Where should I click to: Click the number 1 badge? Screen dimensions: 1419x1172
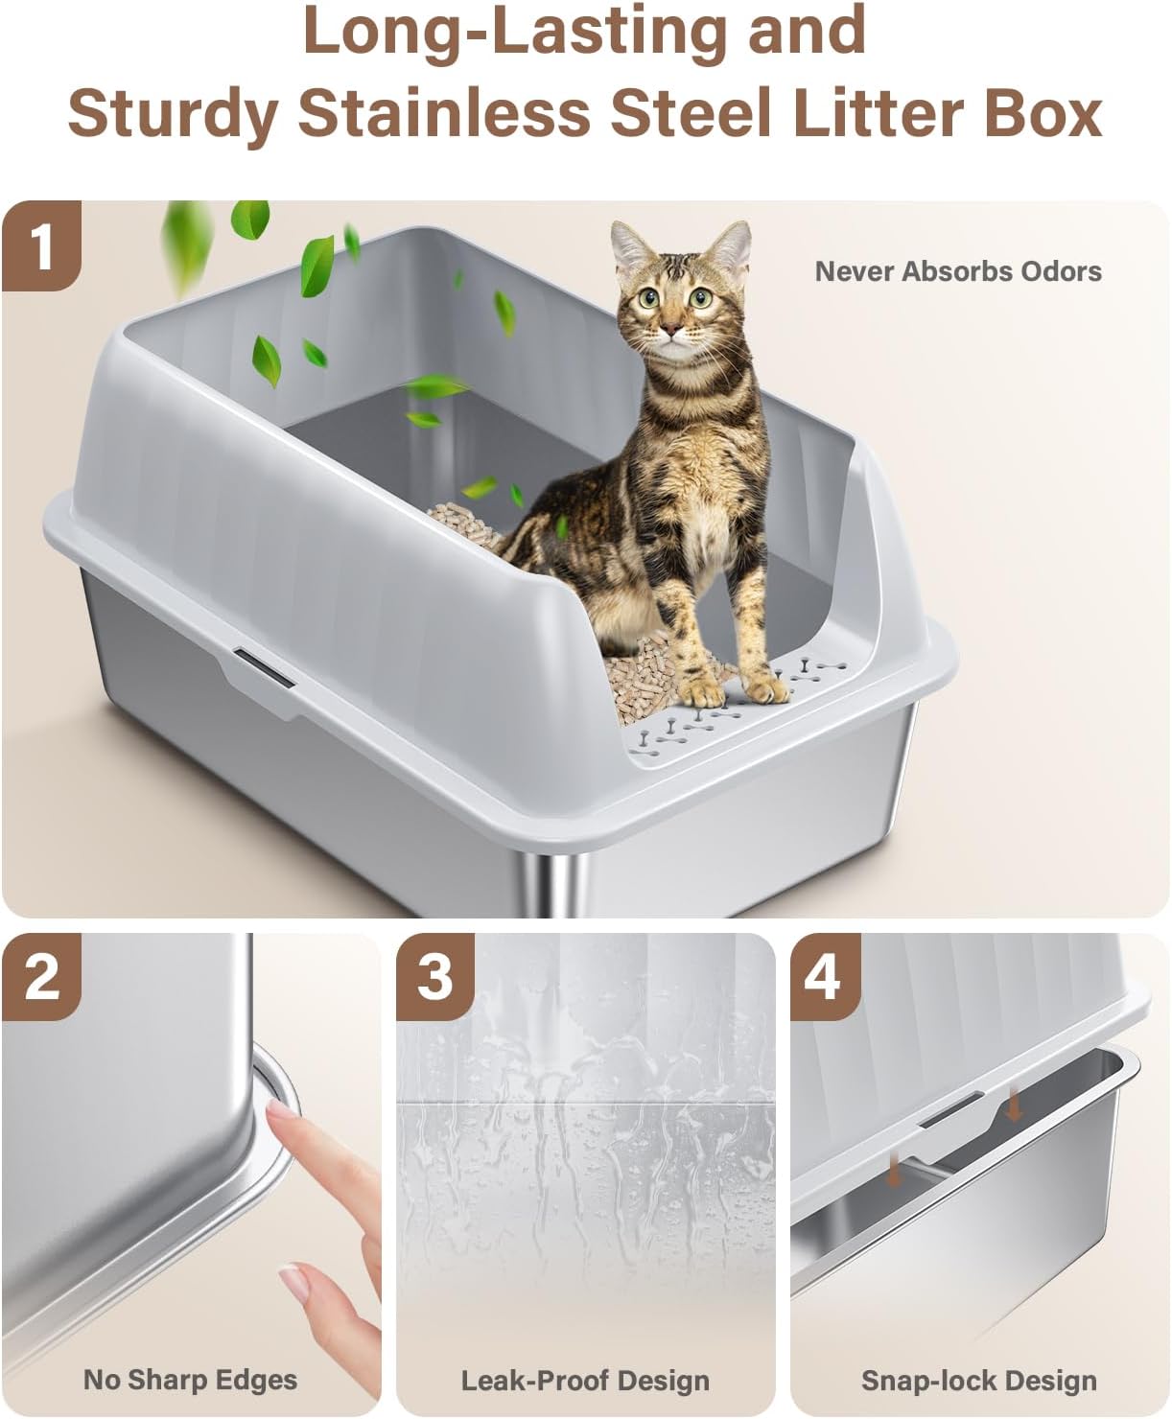[41, 246]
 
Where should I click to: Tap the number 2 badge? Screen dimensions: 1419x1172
[41, 978]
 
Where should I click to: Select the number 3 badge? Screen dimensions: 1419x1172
[435, 978]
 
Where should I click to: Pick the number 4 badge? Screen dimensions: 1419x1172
[824, 978]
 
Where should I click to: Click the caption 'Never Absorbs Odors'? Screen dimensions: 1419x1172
[957, 271]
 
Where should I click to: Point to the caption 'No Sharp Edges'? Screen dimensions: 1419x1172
[190, 1380]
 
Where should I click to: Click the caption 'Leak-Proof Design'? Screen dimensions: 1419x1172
[585, 1381]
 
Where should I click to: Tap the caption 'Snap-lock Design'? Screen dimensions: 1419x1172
[978, 1381]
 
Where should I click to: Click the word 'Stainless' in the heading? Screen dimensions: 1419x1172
[443, 113]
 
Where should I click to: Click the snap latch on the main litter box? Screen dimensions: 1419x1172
[265, 666]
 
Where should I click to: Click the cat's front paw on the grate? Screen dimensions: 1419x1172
[765, 687]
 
